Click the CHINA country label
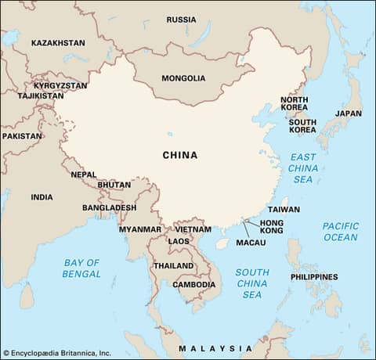[179, 155]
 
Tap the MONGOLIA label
[183, 78]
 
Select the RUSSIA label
[182, 20]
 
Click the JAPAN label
[349, 113]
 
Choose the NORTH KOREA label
[295, 105]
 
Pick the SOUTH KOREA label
[302, 127]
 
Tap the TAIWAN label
[284, 210]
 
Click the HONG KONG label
[271, 227]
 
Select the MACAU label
[251, 243]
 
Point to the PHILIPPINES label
[314, 277]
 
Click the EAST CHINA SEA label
[302, 168]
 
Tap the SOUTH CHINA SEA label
[252, 283]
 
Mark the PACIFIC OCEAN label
[341, 232]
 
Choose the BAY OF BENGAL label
[82, 268]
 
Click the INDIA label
[42, 197]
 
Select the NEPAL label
[84, 175]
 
